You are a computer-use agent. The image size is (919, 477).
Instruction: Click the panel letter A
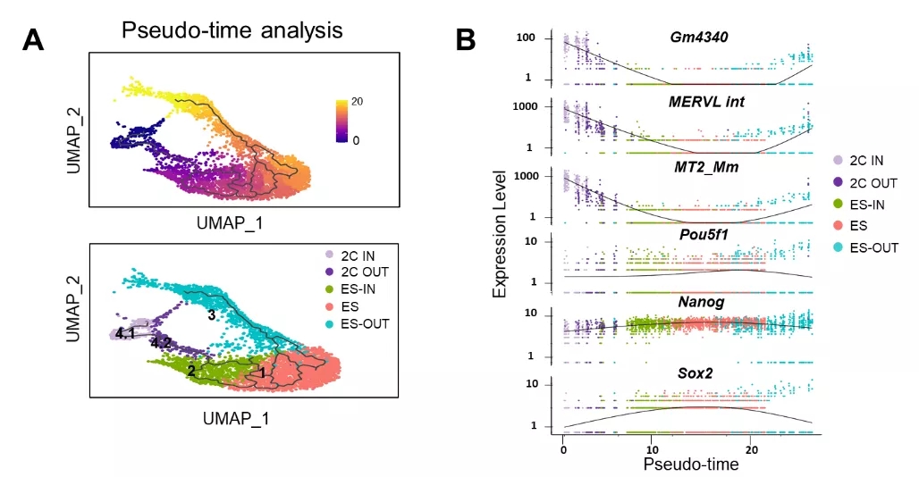click(35, 39)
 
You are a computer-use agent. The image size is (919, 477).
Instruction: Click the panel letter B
click(467, 39)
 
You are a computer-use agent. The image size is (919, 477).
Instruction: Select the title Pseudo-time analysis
click(232, 30)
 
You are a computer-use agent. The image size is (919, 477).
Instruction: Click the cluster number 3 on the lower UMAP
click(212, 315)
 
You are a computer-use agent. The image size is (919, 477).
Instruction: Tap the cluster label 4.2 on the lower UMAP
click(161, 342)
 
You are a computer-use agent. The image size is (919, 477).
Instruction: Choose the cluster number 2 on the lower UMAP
click(191, 371)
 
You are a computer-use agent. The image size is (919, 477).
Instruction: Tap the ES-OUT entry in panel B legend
click(865, 247)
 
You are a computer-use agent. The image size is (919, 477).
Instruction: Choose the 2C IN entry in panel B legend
click(864, 160)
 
